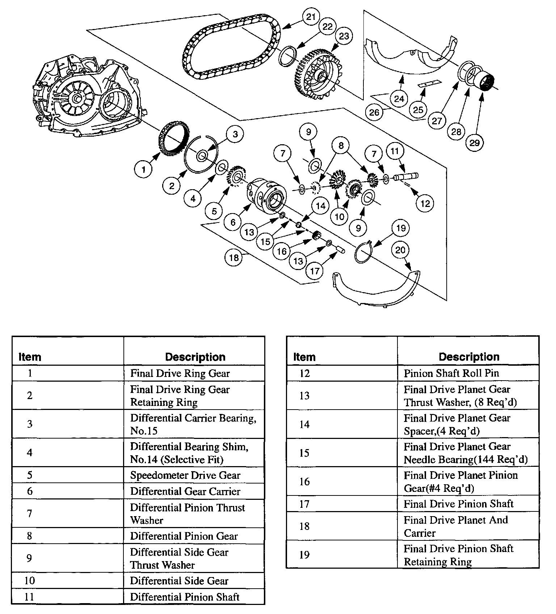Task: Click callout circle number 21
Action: tap(311, 17)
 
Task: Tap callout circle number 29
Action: tap(475, 142)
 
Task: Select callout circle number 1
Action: tap(144, 169)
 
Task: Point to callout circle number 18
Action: tap(234, 258)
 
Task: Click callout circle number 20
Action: tap(400, 250)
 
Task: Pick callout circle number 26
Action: tap(374, 112)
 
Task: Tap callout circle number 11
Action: tap(395, 151)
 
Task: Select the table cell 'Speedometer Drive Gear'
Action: tap(185, 475)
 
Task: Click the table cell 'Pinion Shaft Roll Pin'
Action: tap(451, 373)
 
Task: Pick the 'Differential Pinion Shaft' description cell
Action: tap(185, 597)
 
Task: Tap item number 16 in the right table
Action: tap(304, 482)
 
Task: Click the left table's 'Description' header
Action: tap(195, 357)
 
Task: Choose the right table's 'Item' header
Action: tap(304, 357)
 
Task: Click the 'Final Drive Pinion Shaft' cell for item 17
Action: tap(458, 504)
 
